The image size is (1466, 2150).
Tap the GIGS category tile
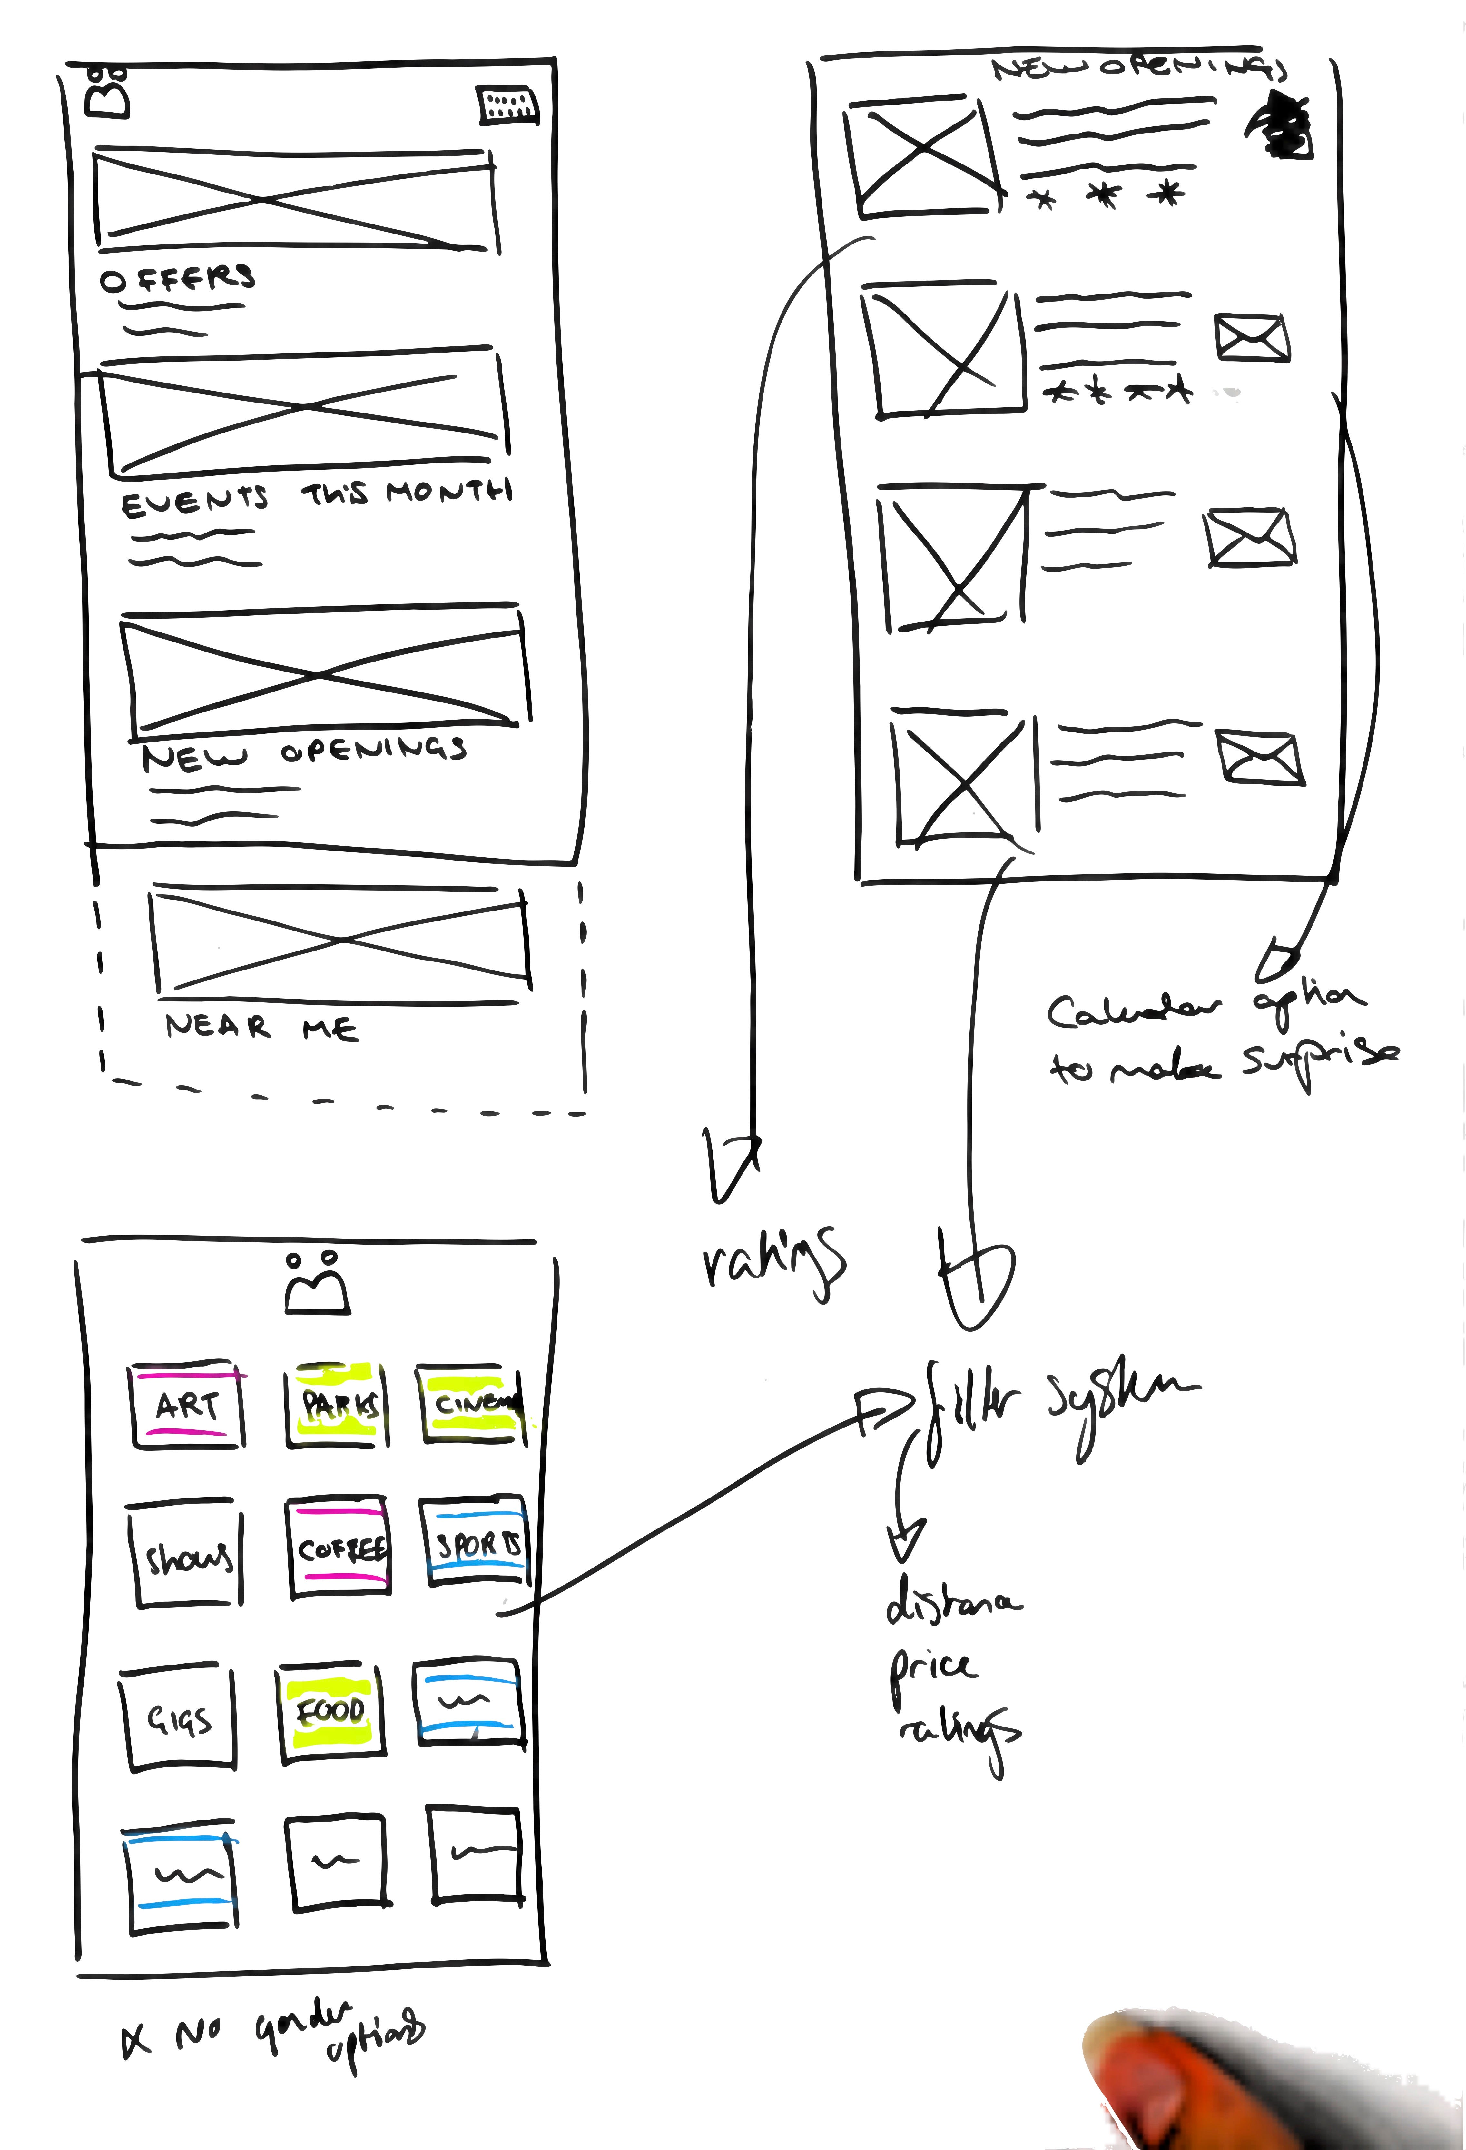point(179,1719)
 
